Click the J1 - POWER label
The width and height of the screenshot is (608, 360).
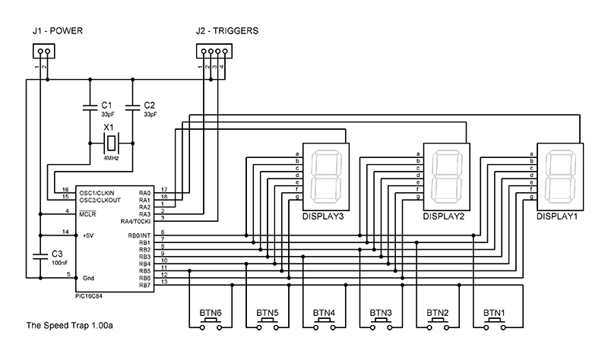(x=57, y=31)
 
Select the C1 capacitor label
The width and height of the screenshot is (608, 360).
(x=106, y=104)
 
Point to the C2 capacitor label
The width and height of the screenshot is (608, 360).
(x=149, y=104)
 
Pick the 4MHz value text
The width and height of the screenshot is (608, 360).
(x=111, y=158)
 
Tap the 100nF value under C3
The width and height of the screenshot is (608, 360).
(x=59, y=261)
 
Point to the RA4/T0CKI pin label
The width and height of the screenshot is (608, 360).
(x=136, y=221)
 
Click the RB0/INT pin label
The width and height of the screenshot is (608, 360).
(x=138, y=235)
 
